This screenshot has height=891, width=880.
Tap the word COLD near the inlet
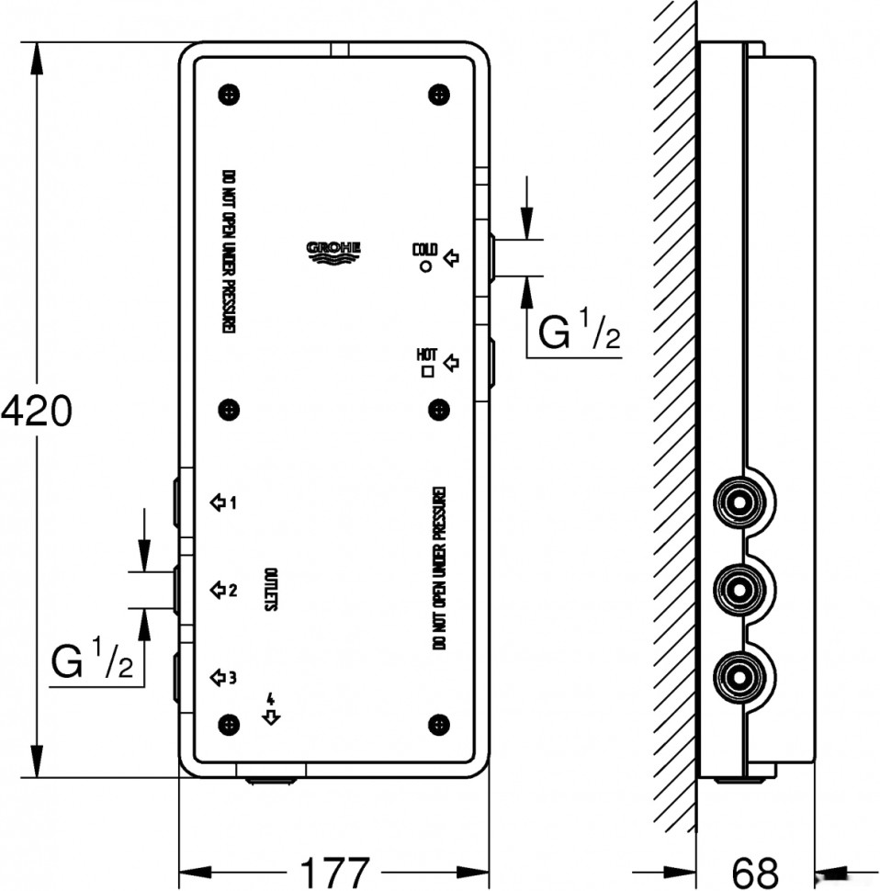coord(424,249)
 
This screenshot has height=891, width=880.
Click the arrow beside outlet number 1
coord(218,502)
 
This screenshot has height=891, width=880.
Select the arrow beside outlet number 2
coord(218,590)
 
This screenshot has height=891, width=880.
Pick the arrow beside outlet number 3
coord(218,678)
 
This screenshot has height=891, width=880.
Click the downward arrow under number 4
coord(270,717)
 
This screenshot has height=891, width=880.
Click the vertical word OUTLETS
coord(272,590)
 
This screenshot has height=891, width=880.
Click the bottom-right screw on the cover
coord(439,725)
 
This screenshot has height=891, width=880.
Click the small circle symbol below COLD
coord(425,266)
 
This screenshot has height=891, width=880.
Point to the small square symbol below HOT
coord(426,372)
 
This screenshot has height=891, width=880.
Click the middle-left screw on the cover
coord(228,409)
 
